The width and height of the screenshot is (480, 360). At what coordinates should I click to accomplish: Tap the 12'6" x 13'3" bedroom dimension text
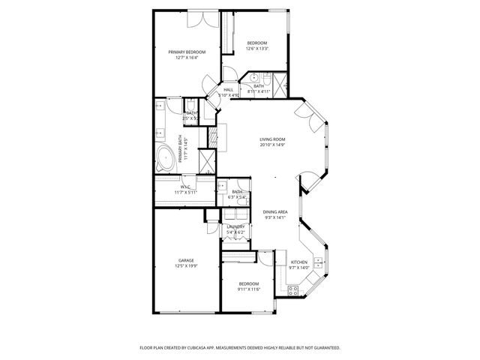[x=257, y=49]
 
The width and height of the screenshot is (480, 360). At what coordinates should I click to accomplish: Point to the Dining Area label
[x=276, y=211]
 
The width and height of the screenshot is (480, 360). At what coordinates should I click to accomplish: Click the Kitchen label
[x=299, y=262]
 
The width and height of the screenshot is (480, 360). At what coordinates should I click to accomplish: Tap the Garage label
[x=186, y=260]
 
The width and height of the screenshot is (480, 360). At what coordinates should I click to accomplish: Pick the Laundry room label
[x=236, y=226]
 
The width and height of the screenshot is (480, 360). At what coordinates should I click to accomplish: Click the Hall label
[x=228, y=90]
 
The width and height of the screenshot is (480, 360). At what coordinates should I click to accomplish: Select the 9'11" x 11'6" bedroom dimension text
[x=249, y=289]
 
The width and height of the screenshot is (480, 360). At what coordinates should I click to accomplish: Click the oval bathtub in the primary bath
[x=164, y=157]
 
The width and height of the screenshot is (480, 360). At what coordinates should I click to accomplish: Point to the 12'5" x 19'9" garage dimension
[x=186, y=266]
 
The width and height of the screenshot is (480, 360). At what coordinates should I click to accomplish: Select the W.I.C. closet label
[x=184, y=187]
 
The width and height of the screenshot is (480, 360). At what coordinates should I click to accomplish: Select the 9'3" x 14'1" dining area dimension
[x=276, y=217]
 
